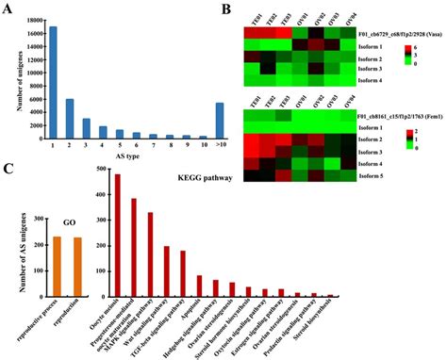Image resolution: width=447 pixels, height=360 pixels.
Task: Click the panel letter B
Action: [229, 8]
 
